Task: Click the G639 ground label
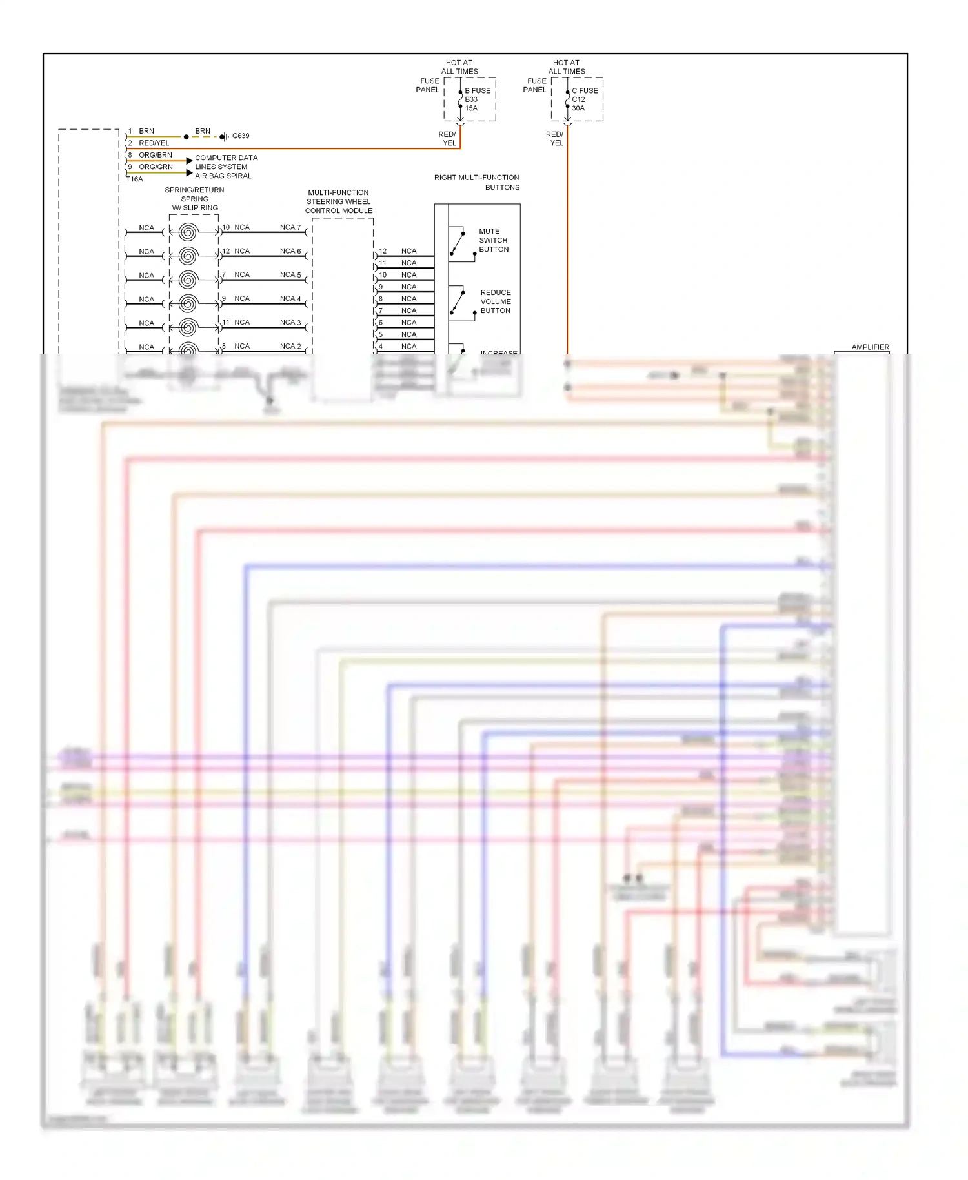240,136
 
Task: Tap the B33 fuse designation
471,99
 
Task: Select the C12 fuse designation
578,99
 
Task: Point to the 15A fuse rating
471,108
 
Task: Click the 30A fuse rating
578,108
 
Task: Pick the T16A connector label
134,179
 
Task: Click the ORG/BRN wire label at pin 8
156,155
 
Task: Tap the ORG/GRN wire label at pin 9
156,167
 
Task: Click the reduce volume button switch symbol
458,303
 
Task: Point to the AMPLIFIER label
870,347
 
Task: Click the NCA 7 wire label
290,227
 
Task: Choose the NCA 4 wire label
290,298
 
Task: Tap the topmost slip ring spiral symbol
188,232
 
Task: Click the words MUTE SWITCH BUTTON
494,240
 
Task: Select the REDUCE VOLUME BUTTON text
496,301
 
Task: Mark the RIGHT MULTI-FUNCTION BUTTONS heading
477,182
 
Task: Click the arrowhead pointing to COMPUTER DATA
189,160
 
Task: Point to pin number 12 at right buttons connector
383,251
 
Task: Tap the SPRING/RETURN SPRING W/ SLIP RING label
195,199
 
